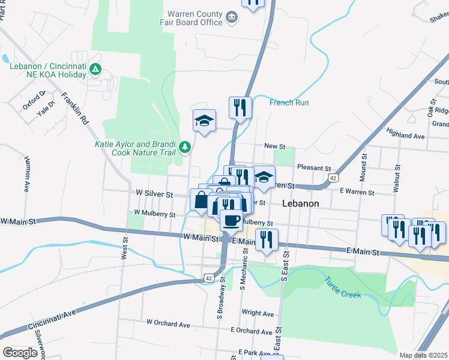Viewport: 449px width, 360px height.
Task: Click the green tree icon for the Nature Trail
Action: point(185,146)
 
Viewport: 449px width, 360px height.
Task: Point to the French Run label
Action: point(289,103)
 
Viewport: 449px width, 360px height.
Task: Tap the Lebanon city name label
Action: point(300,204)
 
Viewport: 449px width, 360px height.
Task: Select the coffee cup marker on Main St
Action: point(231,220)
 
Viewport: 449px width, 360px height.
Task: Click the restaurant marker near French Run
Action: point(240,108)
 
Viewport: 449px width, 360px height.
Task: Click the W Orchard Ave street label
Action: point(168,325)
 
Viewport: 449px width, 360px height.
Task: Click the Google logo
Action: point(20,353)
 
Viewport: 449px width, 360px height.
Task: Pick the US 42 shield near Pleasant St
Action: point(333,178)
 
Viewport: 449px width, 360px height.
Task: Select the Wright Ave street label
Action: point(258,313)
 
